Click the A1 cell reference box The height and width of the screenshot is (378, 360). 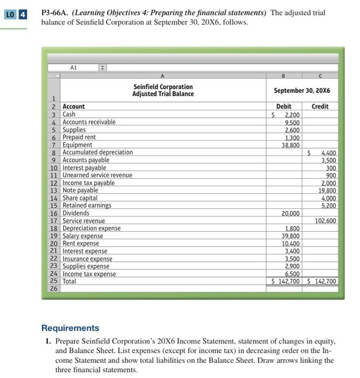coord(73,67)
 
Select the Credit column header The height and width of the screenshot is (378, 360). coord(320,106)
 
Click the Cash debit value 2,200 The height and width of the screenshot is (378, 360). coord(291,114)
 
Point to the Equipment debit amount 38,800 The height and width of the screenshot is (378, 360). coord(290,145)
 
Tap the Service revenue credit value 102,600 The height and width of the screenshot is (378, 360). coord(324,220)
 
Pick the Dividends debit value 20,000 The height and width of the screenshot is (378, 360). coord(290,213)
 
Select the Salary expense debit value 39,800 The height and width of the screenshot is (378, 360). coord(290,236)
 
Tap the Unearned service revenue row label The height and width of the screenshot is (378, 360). coord(97,175)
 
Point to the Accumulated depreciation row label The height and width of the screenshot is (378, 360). coord(98,152)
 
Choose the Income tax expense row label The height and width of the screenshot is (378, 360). coord(89,274)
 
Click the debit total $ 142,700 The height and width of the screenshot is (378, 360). coord(287,281)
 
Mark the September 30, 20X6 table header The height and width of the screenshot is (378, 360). coord(302,90)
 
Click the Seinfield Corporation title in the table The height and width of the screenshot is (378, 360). coord(162,86)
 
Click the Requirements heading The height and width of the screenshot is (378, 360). coord(70,328)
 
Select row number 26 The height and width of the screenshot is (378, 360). coord(53,289)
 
